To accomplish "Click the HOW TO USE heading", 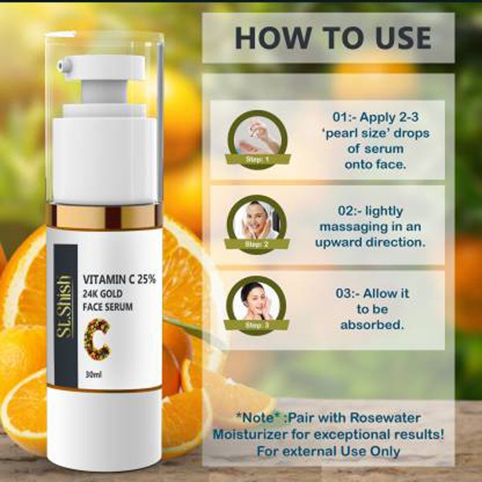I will pyautogui.click(x=333, y=38).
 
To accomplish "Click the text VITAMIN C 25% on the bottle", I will pyautogui.click(x=119, y=280).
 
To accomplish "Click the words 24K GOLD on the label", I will pyautogui.click(x=102, y=294).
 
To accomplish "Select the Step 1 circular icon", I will pyautogui.click(x=257, y=139).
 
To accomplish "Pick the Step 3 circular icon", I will pyautogui.click(x=257, y=304).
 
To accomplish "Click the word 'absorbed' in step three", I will pyautogui.click(x=372, y=325).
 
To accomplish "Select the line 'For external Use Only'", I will pyautogui.click(x=328, y=451).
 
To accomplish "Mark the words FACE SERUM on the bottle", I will pyautogui.click(x=107, y=307).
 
